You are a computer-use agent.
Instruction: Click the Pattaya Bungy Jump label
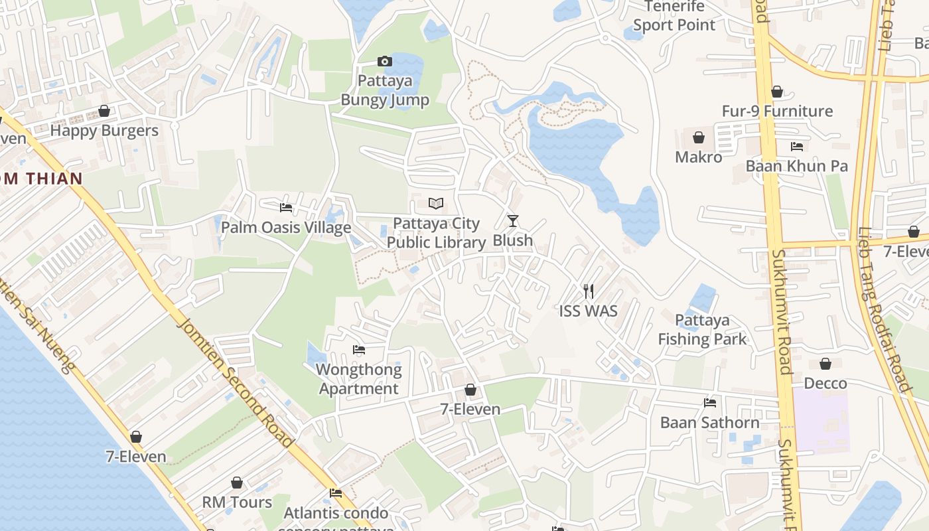point(385,90)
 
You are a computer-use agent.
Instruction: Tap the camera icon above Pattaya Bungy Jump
point(384,62)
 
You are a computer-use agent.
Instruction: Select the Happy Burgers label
point(104,130)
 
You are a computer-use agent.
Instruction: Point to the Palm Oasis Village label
point(286,228)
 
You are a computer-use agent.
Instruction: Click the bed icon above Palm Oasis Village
point(286,208)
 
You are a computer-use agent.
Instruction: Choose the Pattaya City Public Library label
point(436,233)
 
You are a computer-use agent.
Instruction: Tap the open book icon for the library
point(435,203)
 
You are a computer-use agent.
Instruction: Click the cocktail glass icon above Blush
point(512,220)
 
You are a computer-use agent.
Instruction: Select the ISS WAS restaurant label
point(588,311)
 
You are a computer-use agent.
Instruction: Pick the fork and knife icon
point(588,291)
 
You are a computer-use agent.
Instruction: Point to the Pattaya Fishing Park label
point(702,330)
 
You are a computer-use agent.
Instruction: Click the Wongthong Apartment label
point(359,379)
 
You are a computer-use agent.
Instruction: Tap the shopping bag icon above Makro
point(698,137)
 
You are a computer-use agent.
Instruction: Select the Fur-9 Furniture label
point(777,111)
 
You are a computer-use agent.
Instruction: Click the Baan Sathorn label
point(709,422)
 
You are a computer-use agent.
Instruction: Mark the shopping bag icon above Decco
point(825,364)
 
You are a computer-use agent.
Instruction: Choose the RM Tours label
point(237,502)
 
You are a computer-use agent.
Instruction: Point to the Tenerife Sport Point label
point(674,17)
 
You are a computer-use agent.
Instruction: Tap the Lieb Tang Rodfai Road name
point(885,312)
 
